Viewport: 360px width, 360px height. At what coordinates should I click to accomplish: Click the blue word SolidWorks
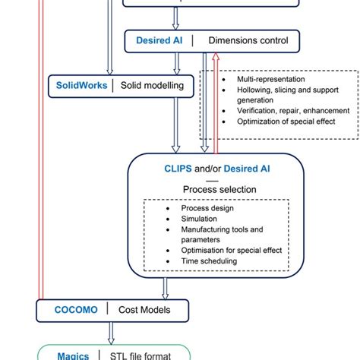coord(81,85)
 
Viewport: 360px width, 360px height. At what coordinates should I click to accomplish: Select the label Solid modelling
coord(152,85)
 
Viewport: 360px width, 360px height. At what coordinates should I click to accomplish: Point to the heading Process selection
coord(219,189)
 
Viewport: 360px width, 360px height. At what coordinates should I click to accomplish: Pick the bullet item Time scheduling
coord(209,261)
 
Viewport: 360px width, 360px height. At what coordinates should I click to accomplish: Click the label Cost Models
coord(143,309)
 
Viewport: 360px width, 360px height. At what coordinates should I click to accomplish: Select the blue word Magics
coord(73,355)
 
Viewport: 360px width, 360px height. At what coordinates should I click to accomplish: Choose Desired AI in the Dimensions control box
coord(158,39)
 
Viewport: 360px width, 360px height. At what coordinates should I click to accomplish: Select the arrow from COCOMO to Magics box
coord(112,332)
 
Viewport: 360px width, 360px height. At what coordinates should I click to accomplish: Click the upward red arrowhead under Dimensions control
coord(216,57)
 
